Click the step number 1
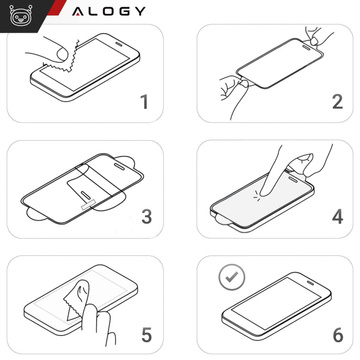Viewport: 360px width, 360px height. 143,102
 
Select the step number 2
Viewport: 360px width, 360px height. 336,102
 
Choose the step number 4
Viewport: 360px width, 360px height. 336,217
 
